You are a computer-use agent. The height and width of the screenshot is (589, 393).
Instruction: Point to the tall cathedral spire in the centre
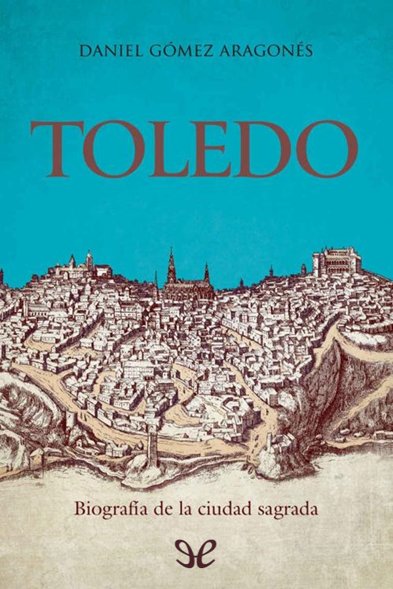click(171, 265)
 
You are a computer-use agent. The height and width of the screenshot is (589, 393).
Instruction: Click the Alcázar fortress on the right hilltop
click(337, 262)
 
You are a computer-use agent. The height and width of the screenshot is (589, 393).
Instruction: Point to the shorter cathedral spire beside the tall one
click(206, 272)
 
